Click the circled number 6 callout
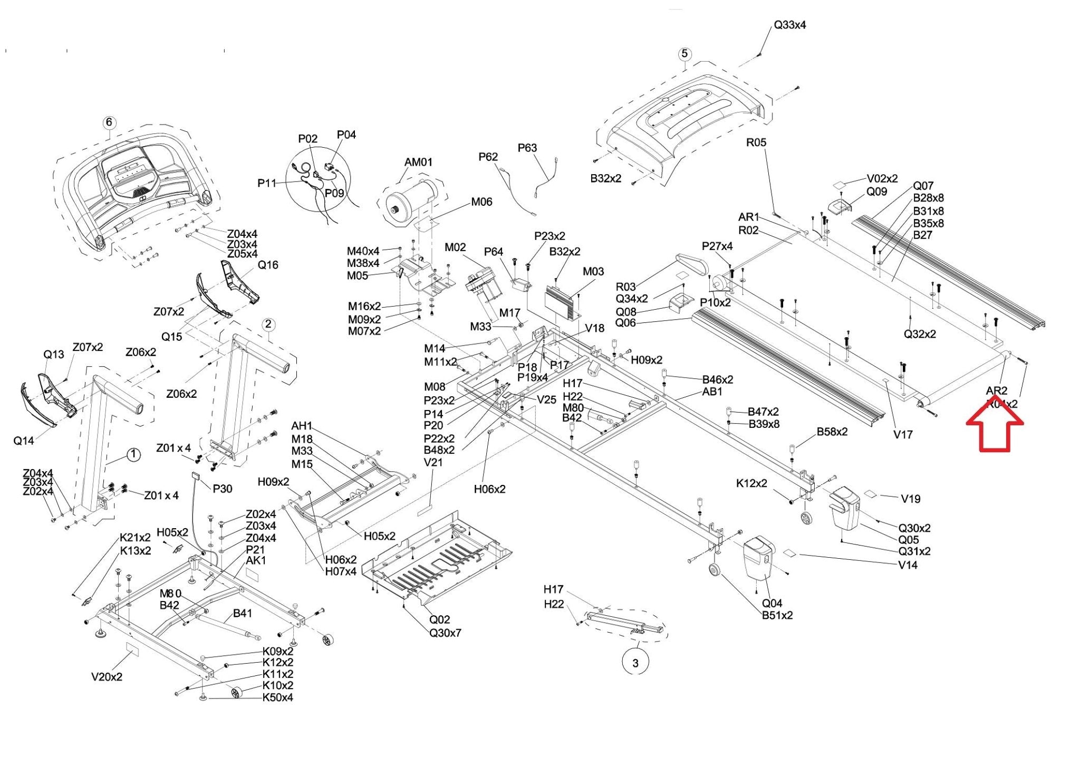pos(109,123)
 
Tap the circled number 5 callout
pos(684,54)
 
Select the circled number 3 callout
pos(635,663)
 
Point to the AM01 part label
pos(418,162)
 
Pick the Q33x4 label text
pos(789,25)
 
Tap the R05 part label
pos(756,142)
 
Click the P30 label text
pos(222,489)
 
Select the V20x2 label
pos(107,677)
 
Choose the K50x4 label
pos(277,698)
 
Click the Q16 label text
pos(268,265)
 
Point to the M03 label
pos(593,272)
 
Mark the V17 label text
pos(902,435)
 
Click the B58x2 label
pos(832,432)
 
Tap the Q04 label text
pos(772,603)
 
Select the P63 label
pos(527,148)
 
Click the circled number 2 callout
pos(268,324)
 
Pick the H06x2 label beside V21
pos(489,489)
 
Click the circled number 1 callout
pos(133,454)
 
